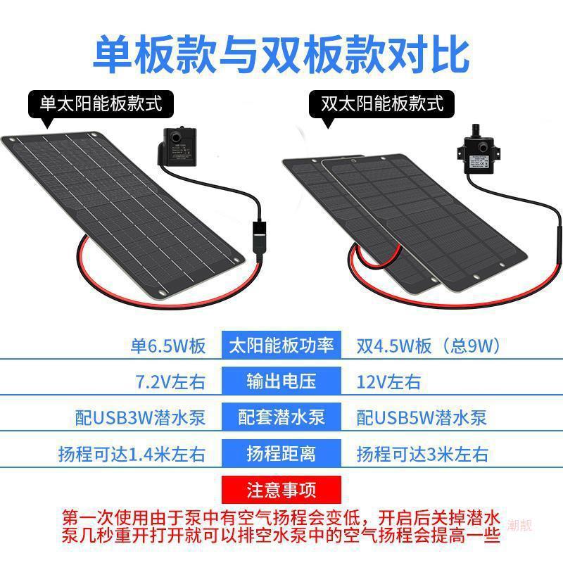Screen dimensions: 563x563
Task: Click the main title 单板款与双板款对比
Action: coord(281,53)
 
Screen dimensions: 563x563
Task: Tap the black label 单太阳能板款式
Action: coord(101,104)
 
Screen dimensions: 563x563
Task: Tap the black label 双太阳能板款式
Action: coord(382,104)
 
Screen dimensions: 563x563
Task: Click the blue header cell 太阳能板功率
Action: coord(281,346)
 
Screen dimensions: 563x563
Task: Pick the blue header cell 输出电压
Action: coord(281,381)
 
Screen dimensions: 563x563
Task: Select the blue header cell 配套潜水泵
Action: coord(281,417)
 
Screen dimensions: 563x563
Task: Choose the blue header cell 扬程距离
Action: coord(281,453)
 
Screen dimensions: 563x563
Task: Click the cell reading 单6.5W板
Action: coord(169,346)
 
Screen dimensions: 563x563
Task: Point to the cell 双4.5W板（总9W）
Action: coord(429,346)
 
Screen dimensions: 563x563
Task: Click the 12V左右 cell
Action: coord(389,382)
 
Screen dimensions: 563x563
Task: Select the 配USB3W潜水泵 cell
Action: coord(140,417)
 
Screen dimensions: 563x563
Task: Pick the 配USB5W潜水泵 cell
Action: coord(422,417)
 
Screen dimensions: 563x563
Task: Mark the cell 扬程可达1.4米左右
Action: coord(132,453)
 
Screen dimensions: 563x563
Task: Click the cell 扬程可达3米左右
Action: coord(422,453)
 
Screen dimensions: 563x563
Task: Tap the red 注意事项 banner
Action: coord(281,488)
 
